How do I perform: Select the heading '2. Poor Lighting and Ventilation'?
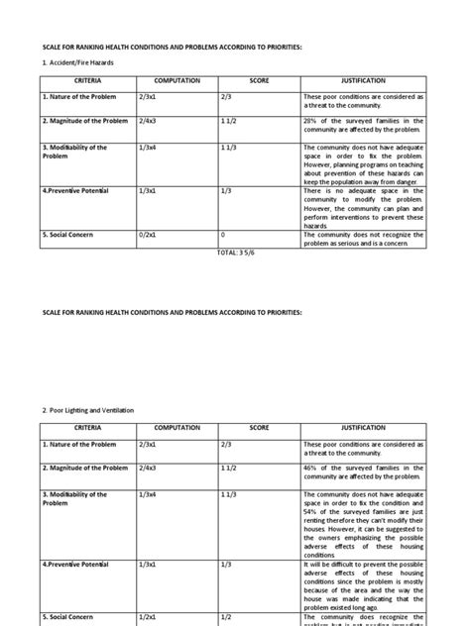tap(89, 409)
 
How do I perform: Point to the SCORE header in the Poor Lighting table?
tap(259, 428)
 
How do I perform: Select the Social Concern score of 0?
tap(223, 235)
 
